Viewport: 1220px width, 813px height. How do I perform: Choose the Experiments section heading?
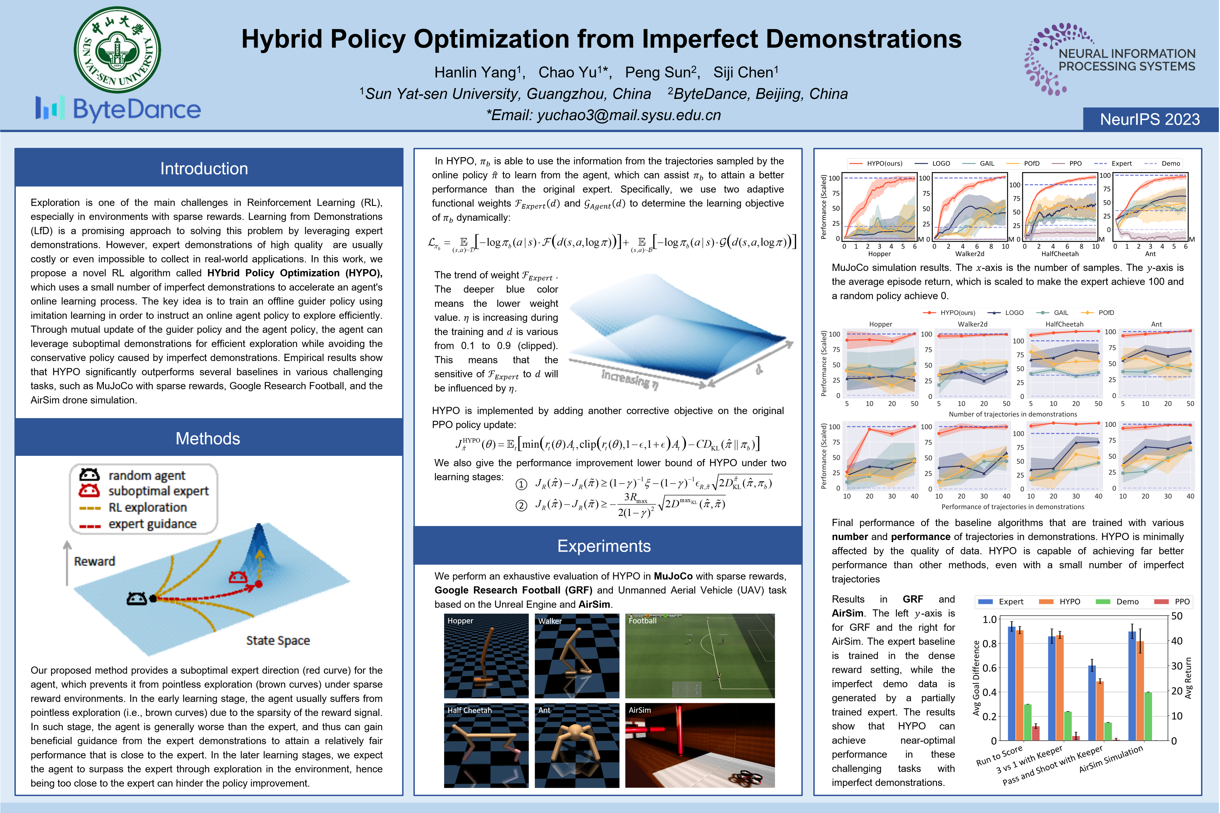pos(604,546)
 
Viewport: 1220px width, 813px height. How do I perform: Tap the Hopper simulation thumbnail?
pos(486,656)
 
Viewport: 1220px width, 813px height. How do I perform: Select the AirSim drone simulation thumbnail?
pos(700,745)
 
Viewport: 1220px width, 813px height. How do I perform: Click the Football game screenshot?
pos(700,656)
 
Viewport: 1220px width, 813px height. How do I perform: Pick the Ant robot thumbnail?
pos(577,745)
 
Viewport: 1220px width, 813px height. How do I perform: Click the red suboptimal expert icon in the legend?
pos(89,491)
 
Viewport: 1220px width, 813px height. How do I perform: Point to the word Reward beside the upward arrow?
pos(94,561)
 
